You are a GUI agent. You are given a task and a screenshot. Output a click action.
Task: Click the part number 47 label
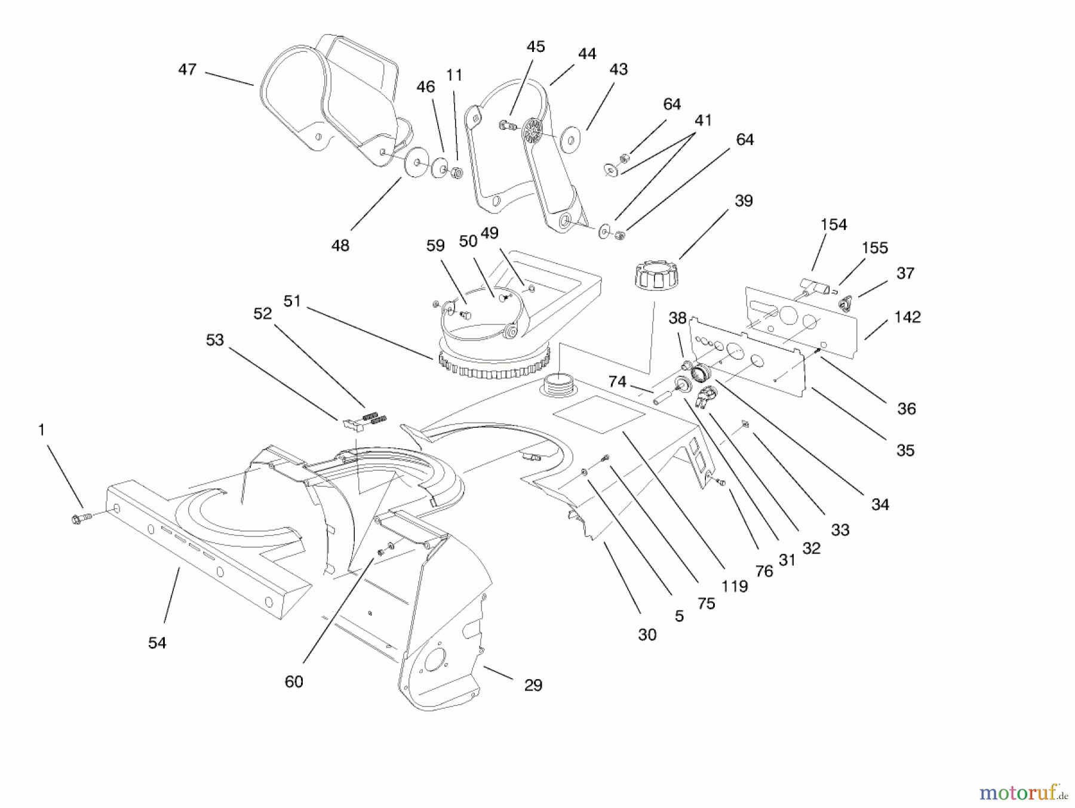coord(187,70)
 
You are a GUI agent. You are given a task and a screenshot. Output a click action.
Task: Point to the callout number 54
coord(157,643)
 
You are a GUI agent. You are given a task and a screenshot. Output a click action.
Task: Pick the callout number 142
coord(907,317)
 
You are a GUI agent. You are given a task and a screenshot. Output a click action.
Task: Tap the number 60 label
coord(294,681)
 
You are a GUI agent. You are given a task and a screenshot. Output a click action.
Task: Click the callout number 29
coord(533,685)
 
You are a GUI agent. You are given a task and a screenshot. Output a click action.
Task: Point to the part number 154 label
coord(833,225)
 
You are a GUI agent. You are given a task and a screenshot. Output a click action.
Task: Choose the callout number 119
coord(734,586)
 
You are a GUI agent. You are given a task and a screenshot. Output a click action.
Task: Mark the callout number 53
coord(214,340)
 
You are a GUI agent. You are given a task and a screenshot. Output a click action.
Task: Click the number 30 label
coord(647,634)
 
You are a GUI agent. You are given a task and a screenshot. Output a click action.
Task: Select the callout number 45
coord(536,47)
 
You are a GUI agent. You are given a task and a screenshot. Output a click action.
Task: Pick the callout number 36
coord(906,409)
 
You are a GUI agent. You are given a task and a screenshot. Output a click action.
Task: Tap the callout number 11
coord(454,75)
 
